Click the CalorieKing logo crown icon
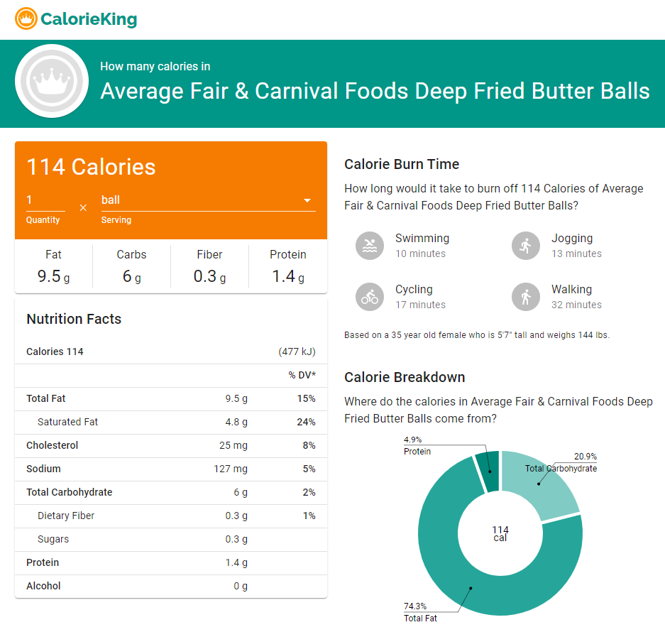26,19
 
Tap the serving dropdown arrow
307,201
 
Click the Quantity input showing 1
45,200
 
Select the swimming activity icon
370,246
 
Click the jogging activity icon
526,246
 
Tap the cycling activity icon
370,297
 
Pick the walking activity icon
526,297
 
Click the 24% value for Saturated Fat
306,422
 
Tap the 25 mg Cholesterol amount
233,445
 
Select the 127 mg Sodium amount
231,469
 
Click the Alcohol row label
43,586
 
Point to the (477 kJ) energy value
297,352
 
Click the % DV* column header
302,375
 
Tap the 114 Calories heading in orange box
91,167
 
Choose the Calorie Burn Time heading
402,164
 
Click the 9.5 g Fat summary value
53,276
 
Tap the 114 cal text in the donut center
500,533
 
